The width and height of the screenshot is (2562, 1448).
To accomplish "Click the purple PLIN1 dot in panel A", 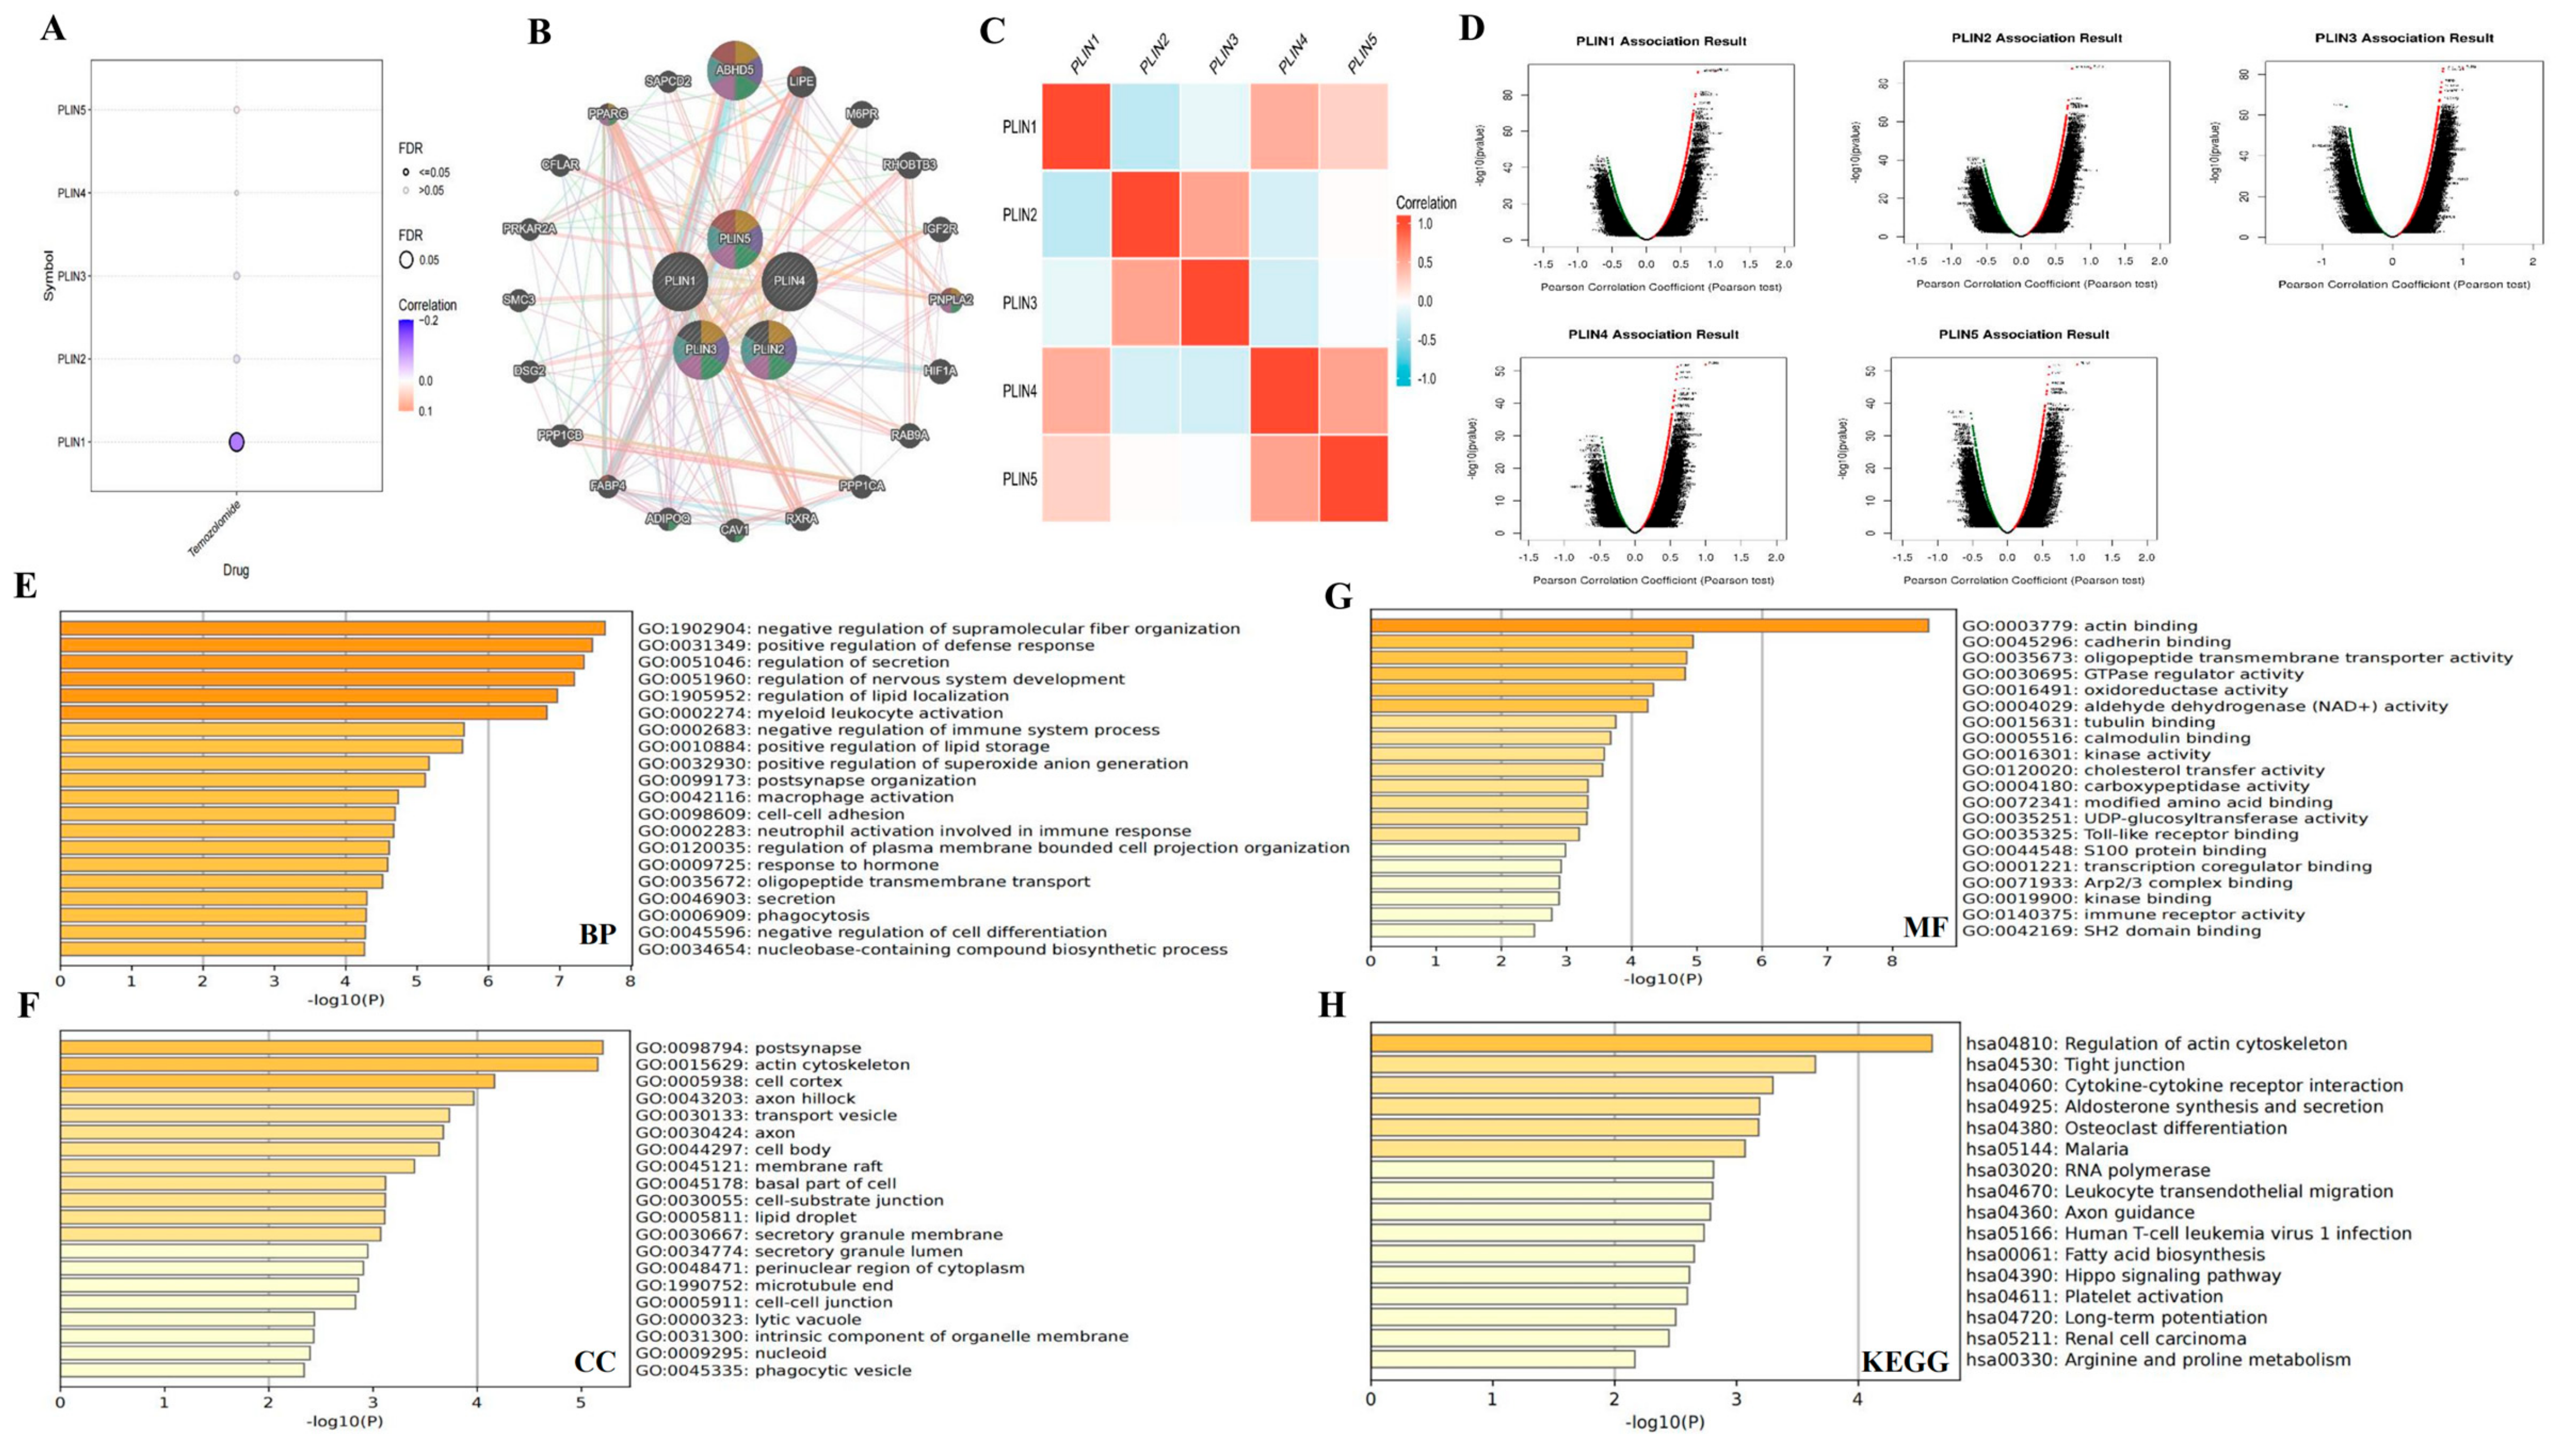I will [237, 441].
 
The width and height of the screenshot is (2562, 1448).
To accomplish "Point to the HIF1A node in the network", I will [940, 371].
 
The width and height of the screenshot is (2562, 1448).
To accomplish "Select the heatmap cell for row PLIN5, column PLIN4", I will [1284, 478].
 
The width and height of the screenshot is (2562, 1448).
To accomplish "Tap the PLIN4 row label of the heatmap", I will [1019, 391].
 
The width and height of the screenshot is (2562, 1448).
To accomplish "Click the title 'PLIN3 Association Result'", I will [2404, 38].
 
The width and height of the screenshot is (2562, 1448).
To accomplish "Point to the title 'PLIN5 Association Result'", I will [2024, 334].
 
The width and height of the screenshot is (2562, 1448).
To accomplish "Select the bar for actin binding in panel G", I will [1649, 625].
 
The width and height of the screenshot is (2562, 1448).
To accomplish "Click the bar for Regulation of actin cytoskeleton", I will [1651, 1044].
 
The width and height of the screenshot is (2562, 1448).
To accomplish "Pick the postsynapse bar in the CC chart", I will [331, 1047].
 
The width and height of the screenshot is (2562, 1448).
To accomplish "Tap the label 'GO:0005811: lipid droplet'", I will [746, 1217].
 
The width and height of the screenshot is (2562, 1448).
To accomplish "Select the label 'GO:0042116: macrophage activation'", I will [796, 797].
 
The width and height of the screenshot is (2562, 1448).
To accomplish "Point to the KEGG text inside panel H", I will [1905, 1361].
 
